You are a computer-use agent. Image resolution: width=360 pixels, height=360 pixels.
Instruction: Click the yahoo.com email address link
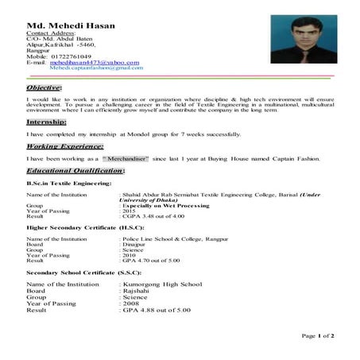[89, 62]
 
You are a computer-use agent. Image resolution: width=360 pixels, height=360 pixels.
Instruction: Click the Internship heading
[46, 123]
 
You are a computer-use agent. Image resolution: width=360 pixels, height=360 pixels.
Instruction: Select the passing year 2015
[130, 210]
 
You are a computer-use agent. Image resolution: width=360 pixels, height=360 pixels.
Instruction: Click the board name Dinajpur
[134, 244]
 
